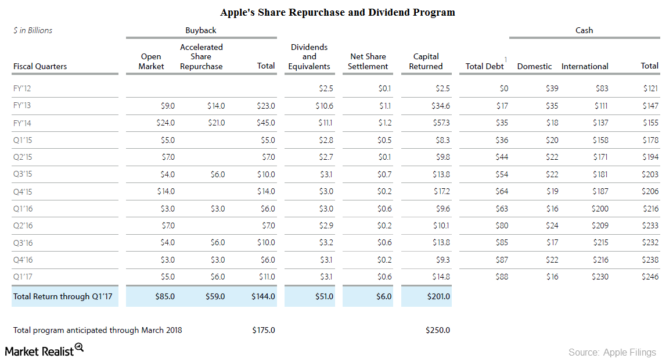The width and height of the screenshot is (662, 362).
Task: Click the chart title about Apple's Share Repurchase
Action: tap(337, 12)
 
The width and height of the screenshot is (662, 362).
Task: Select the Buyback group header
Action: tap(200, 30)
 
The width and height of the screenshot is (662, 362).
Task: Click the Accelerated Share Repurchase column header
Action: tap(201, 57)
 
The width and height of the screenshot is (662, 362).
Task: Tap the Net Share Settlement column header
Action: tap(368, 62)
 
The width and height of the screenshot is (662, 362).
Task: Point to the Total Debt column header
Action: tap(484, 66)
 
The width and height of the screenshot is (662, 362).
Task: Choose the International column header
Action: tap(585, 66)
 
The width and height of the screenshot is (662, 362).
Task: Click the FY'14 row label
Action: tap(23, 123)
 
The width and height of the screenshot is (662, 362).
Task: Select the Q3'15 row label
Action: tap(23, 174)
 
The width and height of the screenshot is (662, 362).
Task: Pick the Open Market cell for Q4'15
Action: tap(165, 191)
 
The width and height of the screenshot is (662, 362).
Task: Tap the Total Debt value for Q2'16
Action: tap(501, 225)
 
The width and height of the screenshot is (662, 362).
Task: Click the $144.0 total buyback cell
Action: tap(263, 296)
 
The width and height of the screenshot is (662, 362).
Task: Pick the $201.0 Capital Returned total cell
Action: tap(438, 296)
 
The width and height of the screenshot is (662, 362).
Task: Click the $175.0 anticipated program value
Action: tap(263, 330)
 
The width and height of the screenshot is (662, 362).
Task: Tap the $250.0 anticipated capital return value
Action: tap(438, 330)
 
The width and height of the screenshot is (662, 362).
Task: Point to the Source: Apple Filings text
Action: tap(612, 352)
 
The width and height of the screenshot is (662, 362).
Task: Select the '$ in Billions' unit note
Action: tap(33, 30)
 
